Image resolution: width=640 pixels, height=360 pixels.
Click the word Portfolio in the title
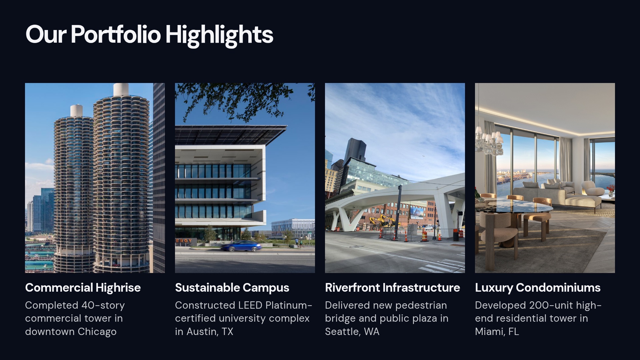pos(115,34)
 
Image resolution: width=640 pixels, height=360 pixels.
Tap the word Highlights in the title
pos(219,35)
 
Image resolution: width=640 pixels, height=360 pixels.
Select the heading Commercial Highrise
pos(83,288)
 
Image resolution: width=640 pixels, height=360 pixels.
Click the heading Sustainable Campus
pos(232,288)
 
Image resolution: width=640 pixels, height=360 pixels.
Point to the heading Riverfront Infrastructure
pos(392,288)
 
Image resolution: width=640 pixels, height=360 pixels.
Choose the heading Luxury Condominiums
pos(537,288)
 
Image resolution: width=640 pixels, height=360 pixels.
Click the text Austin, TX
pos(210,332)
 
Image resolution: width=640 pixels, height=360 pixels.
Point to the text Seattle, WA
pos(352,332)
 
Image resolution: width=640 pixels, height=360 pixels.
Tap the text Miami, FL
pos(497,332)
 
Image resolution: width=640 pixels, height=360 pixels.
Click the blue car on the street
pos(241,246)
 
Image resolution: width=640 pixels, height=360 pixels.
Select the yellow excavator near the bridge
pos(383,220)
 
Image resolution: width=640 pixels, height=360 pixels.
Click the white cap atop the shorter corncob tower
pos(76,110)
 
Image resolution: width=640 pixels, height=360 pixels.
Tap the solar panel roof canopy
pos(230,134)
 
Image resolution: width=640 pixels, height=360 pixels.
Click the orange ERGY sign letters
pos(184,241)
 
